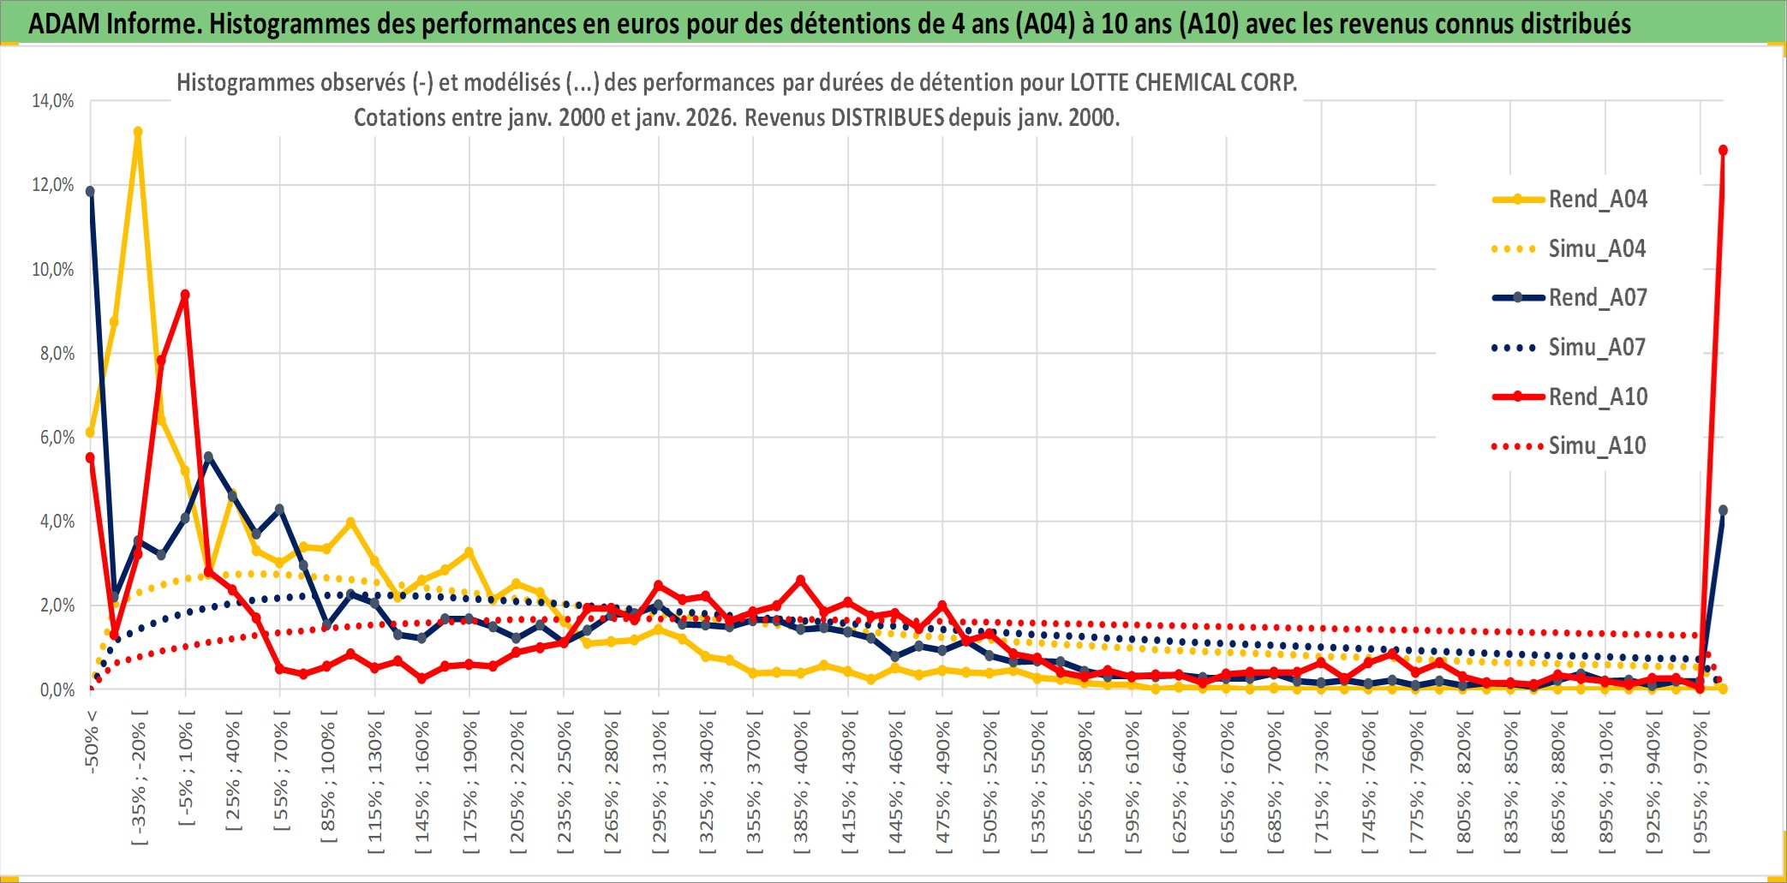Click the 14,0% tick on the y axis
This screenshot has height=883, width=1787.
coord(53,101)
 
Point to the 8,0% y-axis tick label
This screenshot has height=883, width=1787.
coord(57,354)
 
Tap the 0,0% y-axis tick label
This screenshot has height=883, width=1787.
coord(57,690)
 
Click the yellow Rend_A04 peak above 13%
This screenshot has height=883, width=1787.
coord(138,132)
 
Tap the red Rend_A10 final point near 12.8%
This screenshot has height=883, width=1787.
coord(1723,151)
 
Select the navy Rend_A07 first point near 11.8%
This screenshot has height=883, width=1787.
coord(90,191)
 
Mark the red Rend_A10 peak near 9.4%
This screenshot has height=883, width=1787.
coord(185,295)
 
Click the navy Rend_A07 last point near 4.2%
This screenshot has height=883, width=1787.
coord(1723,510)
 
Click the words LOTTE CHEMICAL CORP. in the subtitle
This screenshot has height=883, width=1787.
coord(1184,83)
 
